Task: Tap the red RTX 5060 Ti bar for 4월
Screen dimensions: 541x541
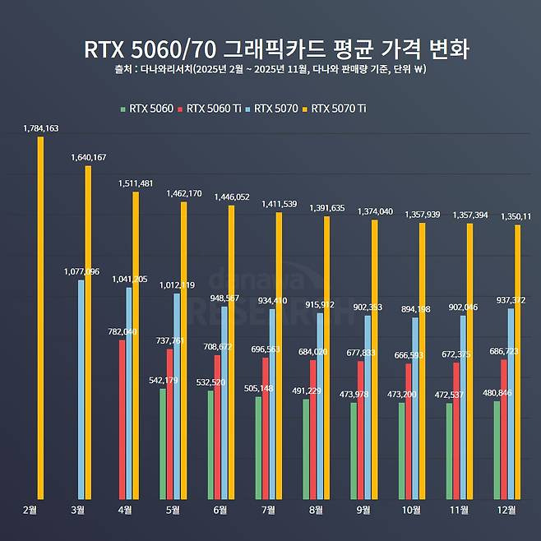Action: [x=122, y=418]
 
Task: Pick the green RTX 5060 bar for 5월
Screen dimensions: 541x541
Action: [x=163, y=443]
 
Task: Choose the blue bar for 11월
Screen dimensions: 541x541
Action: [x=463, y=406]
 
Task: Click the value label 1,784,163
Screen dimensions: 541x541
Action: [x=42, y=128]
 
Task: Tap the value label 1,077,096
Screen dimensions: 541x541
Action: [x=81, y=271]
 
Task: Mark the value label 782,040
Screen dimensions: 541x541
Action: [x=122, y=331]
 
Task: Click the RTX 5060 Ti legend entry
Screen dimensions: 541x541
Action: [x=216, y=108]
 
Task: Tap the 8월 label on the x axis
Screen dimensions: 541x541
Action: [x=316, y=510]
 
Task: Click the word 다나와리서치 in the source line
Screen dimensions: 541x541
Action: [x=166, y=69]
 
